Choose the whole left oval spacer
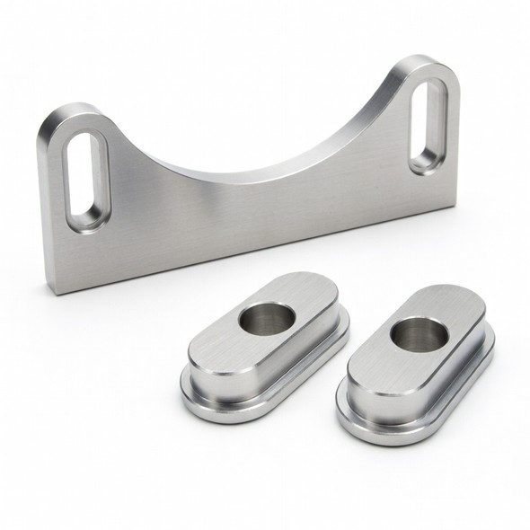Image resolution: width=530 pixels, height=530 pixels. coord(265,350)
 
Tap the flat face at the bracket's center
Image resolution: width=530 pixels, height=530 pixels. coord(252,216)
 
